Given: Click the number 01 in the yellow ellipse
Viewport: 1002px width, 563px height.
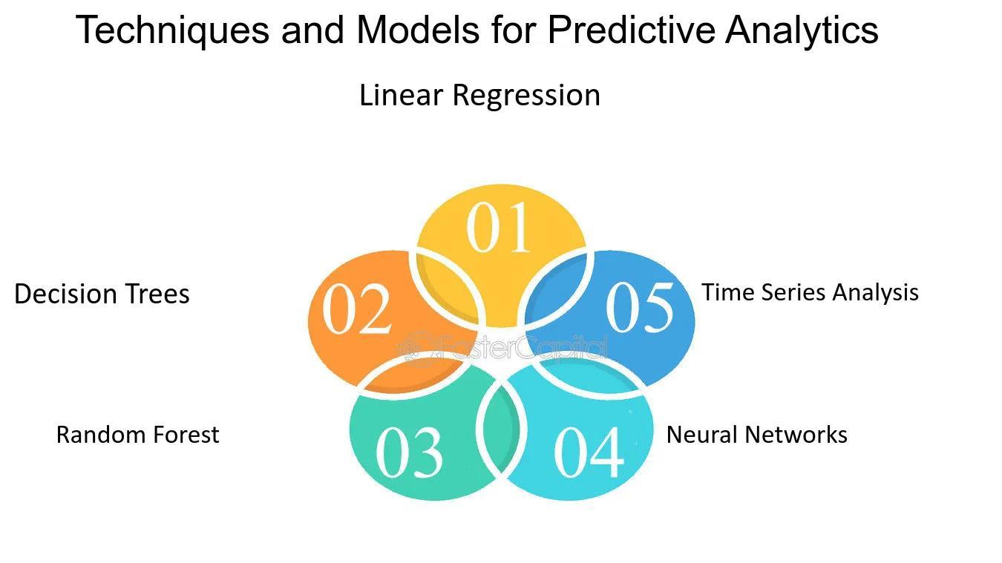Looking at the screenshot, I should [499, 228].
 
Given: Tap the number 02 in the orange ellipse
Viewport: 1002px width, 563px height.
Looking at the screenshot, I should [357, 309].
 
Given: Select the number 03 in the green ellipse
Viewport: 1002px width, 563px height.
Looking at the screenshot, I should [409, 452].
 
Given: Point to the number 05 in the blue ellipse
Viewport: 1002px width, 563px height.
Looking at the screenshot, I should [640, 306].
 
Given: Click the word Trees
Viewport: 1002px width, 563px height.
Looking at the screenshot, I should [158, 294].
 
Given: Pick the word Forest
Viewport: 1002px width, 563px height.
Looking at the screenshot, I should [185, 435].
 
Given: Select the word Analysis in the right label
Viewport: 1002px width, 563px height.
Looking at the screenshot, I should [876, 293].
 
